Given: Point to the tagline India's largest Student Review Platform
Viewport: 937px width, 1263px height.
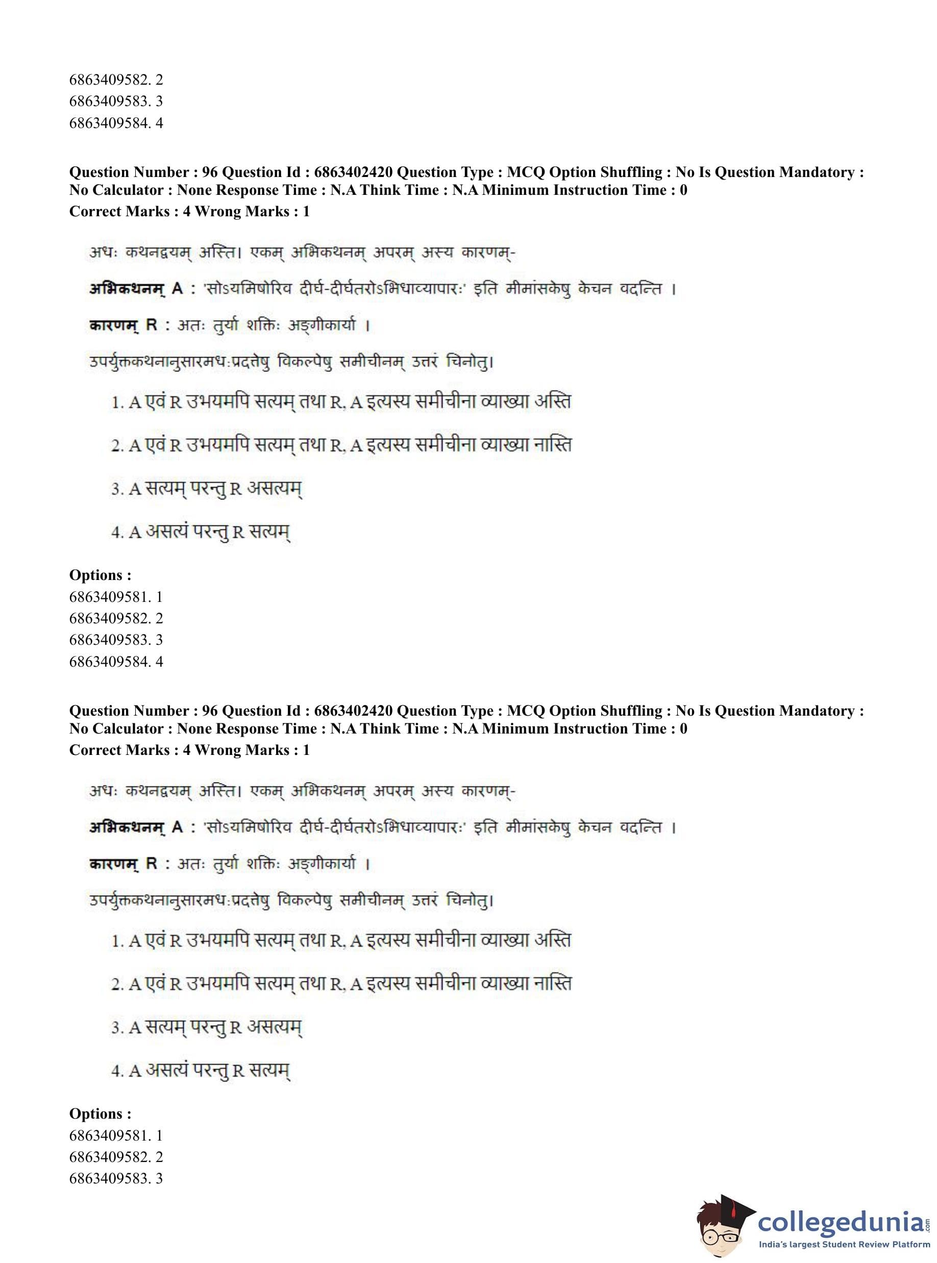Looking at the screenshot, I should [x=844, y=1244].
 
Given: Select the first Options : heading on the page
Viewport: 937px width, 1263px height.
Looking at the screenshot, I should [x=101, y=575].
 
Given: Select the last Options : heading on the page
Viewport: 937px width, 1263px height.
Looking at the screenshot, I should [x=101, y=1114].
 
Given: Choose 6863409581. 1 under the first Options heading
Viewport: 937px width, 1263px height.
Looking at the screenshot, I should [x=116, y=596].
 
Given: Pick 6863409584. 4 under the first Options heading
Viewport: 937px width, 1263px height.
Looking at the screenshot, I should [x=116, y=661].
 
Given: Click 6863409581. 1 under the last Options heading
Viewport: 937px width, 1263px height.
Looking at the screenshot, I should [x=116, y=1135].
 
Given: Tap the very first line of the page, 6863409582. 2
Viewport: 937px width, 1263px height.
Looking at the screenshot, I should [x=116, y=80].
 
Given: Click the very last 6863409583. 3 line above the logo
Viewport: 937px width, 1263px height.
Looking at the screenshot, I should [x=116, y=1178].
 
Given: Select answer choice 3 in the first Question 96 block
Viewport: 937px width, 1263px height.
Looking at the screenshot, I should [x=207, y=488].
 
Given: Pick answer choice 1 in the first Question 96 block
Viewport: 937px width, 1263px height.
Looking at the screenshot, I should [x=341, y=401].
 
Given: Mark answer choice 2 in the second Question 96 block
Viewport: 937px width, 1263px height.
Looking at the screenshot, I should [x=341, y=983].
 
